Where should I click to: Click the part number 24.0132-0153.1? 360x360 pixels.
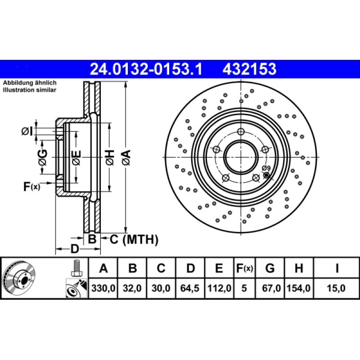tap(146, 69)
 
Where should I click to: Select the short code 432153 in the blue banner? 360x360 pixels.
tap(249, 69)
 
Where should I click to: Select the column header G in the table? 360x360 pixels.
tap(270, 269)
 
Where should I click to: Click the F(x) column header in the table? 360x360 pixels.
tap(245, 269)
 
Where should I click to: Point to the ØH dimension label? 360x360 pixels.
tap(109, 157)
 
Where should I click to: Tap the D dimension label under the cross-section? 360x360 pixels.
tap(75, 248)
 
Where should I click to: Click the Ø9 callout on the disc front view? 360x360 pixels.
tap(265, 169)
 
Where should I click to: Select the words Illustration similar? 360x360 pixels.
tap(30, 90)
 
